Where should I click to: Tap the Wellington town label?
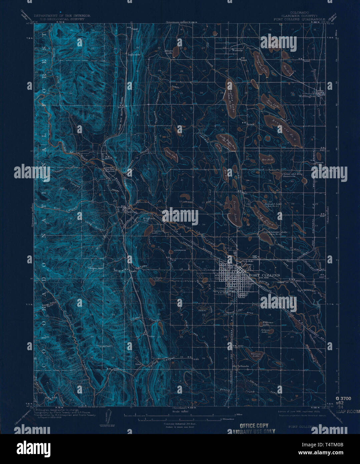point(307,96)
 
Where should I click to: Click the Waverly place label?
point(237,50)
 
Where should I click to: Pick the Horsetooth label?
point(104,346)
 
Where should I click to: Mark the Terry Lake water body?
point(233,210)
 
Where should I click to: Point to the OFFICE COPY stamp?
point(254,426)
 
